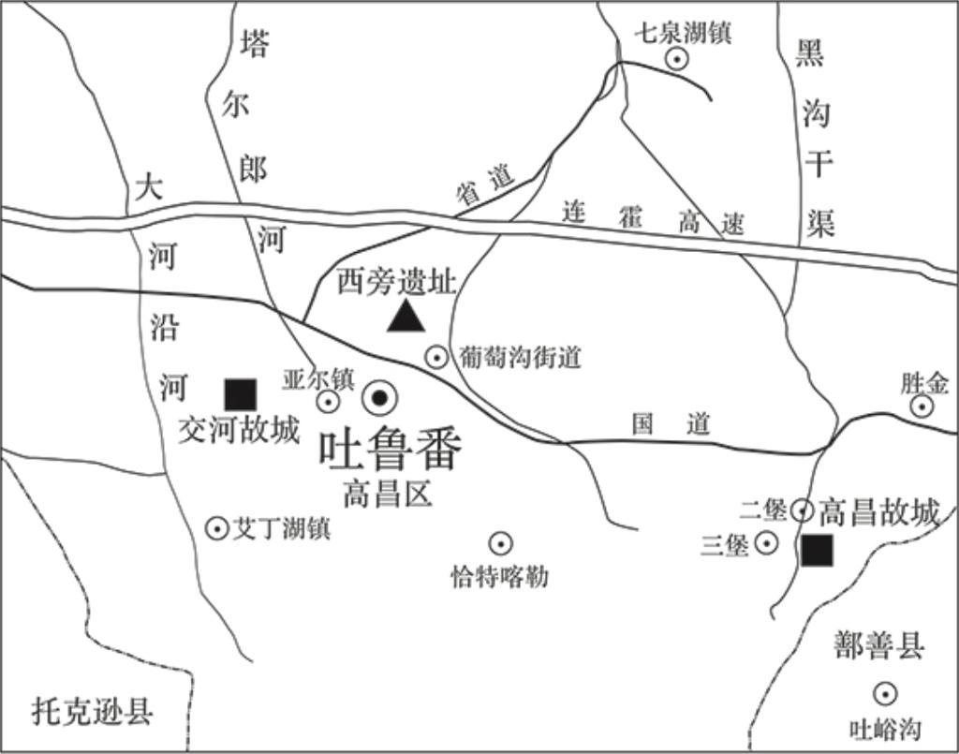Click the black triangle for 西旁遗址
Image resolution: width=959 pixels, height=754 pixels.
[x=406, y=318]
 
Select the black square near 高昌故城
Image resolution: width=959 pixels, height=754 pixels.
[x=818, y=551]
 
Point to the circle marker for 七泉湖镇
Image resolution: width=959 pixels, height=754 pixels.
[x=676, y=59]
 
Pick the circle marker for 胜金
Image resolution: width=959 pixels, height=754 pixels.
[x=922, y=406]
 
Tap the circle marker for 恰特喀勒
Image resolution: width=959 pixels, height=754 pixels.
[x=500, y=543]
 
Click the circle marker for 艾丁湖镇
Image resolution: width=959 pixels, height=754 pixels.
[x=217, y=529]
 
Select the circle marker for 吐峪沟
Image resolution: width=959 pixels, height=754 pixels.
[x=884, y=694]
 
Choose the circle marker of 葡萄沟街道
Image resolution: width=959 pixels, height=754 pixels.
[x=436, y=356]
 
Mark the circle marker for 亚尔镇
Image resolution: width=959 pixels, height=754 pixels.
[x=328, y=402]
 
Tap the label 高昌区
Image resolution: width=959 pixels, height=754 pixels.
[x=387, y=494]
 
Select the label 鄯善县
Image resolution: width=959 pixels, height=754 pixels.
[x=879, y=645]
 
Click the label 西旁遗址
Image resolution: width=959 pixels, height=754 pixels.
[x=396, y=282]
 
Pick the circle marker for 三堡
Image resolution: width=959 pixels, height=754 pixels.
[x=767, y=542]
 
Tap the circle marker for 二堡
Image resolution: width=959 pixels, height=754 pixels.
[x=803, y=510]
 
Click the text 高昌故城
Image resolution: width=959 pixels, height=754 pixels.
[x=878, y=511]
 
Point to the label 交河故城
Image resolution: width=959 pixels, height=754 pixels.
[x=239, y=430]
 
